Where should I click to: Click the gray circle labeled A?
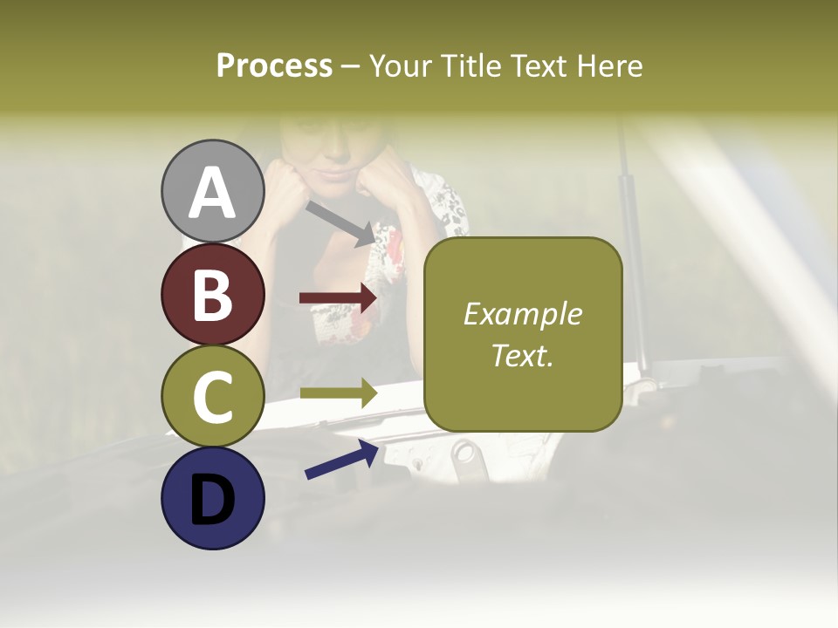[213, 191]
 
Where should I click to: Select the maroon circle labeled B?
[213, 294]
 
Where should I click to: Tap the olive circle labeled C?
[213, 396]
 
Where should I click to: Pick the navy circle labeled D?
[213, 498]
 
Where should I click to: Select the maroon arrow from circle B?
[338, 298]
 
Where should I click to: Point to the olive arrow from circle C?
[338, 393]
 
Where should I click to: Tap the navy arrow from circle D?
[341, 460]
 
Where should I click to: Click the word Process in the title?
[274, 65]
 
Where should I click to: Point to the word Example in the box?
[522, 314]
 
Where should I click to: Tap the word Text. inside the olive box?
[522, 355]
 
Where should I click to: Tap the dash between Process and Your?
[351, 66]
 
